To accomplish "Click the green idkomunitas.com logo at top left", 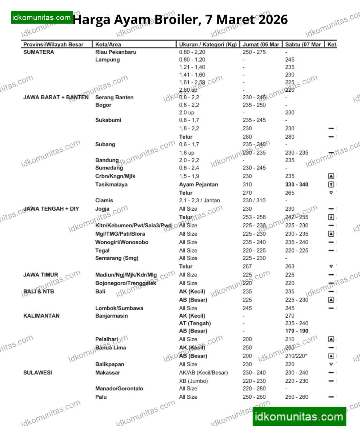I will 41,17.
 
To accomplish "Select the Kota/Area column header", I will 108,44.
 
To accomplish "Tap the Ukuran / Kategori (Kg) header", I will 208,44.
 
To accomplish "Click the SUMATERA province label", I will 39,52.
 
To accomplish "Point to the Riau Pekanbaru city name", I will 116,52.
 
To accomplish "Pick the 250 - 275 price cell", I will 254,52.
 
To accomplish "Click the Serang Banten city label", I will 114,97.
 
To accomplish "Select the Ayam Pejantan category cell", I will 199,184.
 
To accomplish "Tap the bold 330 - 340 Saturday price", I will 296,184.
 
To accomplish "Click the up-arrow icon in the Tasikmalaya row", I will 331,184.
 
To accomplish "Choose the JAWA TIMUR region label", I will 41,275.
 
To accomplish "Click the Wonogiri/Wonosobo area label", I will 122,242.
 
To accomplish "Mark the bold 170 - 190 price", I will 296,331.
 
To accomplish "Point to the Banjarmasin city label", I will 112,316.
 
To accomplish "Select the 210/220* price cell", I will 296,356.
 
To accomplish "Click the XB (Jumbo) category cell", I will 193,381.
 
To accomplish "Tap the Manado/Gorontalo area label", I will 119,389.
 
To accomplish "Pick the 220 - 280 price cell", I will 254,389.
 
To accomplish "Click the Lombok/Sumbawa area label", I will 119,308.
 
